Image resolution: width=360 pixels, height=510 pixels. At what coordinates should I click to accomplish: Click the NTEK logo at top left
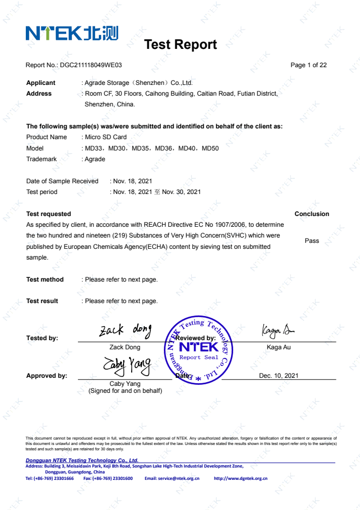71,33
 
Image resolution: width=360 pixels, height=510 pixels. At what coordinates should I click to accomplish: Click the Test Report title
181,45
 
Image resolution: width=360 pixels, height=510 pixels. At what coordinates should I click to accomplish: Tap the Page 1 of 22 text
308,65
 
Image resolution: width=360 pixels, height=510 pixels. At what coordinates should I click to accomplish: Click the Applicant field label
41,83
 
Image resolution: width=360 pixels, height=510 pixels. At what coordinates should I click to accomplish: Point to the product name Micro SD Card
106,137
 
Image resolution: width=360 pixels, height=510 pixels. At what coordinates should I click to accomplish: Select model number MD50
210,148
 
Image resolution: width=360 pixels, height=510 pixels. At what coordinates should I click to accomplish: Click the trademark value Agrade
95,159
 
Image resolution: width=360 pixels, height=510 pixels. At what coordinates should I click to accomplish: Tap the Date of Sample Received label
62,181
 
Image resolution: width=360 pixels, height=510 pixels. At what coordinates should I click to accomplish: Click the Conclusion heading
312,214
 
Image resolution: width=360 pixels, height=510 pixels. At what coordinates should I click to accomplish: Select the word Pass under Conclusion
312,241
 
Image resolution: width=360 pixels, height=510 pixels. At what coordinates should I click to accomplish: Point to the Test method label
45,279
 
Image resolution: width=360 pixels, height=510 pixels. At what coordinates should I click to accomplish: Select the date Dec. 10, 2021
278,376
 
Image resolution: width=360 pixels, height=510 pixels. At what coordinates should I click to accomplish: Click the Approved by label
47,376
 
